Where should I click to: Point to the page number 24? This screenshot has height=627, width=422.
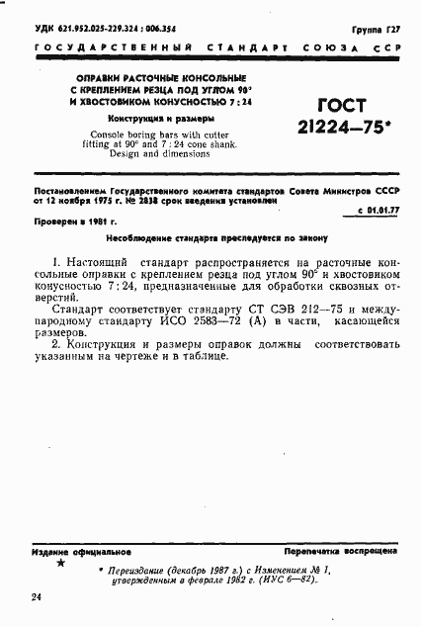click(37, 597)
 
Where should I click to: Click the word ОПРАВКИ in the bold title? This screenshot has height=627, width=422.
click(96, 76)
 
